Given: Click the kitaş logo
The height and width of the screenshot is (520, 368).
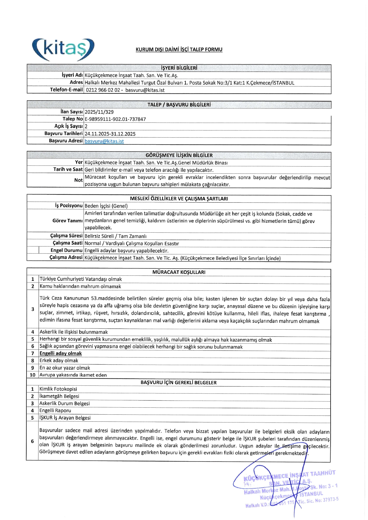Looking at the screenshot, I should pos(63,50).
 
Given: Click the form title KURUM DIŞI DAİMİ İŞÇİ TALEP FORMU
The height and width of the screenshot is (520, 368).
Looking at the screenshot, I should pos(179,50).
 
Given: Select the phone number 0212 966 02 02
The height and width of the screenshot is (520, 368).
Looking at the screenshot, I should pos(103,90).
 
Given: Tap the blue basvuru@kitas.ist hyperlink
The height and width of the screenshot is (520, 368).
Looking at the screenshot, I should pos(104,141).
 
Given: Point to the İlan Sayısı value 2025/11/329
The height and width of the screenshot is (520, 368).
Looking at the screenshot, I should pos(99,112).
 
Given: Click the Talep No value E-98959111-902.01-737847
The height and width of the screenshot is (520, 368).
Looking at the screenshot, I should pos(115,119).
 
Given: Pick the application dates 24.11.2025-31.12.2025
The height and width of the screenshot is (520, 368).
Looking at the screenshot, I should pos(110,134).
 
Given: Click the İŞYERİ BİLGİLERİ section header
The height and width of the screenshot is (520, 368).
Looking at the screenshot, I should pos(179,68).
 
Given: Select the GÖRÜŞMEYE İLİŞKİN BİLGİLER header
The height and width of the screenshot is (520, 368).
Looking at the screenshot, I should pos(179,155).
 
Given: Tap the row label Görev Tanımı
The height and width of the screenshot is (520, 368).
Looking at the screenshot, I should pos(68,221).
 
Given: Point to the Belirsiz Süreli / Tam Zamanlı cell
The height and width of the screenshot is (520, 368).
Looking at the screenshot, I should pos(116,236).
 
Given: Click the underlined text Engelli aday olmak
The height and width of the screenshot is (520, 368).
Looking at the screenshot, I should pos(61,353).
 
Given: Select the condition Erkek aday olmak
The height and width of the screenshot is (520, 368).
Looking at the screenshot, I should pos(59,361).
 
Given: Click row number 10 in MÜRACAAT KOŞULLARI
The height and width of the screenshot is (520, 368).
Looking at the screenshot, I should pos(33,375).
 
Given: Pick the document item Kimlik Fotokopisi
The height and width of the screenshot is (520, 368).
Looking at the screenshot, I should pos(58,389).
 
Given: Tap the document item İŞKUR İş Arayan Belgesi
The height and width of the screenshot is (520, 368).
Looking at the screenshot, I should pos(65,418).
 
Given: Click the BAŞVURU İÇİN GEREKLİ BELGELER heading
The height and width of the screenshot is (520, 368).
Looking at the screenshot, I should pos(178,383).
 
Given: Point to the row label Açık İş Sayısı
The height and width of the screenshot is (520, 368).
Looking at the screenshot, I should pos(68,126).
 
